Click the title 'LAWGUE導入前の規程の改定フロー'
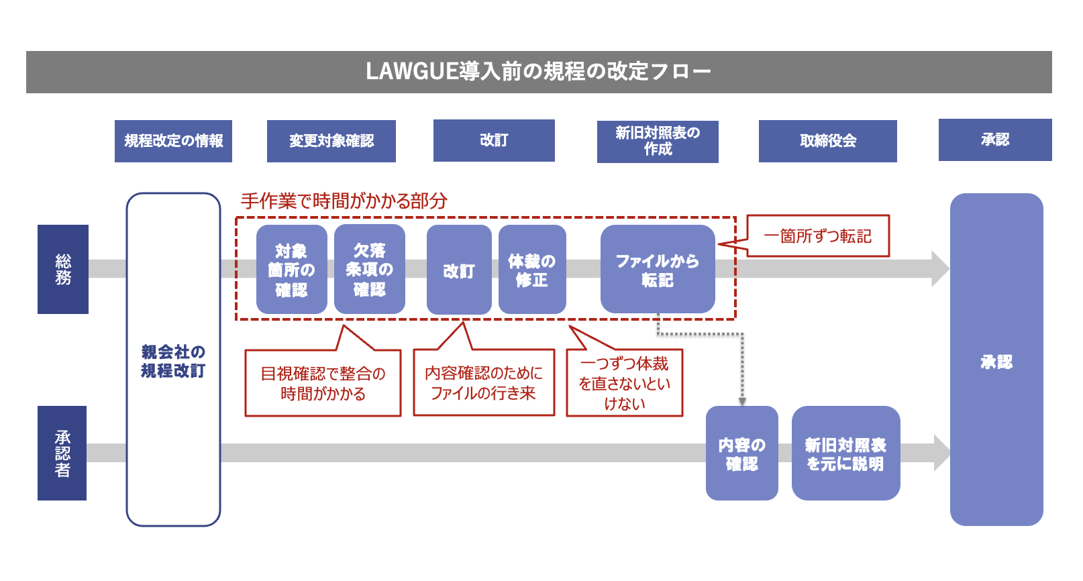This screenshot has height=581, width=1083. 538,71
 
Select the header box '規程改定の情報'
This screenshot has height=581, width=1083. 173,141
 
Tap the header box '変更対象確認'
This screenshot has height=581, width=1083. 331,141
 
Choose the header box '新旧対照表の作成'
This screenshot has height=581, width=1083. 657,142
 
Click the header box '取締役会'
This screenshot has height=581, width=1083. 827,141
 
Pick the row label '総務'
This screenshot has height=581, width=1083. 63,269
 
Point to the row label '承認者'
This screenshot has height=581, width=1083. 62,453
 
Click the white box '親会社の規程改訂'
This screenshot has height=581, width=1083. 173,360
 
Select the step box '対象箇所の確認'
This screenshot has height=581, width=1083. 291,270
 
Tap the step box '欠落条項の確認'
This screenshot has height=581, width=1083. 369,270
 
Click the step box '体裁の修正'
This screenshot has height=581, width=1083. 531,270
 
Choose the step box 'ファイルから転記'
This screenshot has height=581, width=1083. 657,270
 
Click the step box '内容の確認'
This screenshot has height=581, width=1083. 741,454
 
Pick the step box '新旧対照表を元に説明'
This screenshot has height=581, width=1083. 845,454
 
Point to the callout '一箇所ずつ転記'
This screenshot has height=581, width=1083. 817,236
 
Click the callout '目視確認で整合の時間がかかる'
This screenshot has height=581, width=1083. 323,383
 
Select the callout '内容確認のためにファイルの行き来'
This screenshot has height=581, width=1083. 483,382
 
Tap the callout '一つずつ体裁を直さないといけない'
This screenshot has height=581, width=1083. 624,383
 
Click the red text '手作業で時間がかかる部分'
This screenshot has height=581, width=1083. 344,201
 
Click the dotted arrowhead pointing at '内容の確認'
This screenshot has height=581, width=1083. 742,401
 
